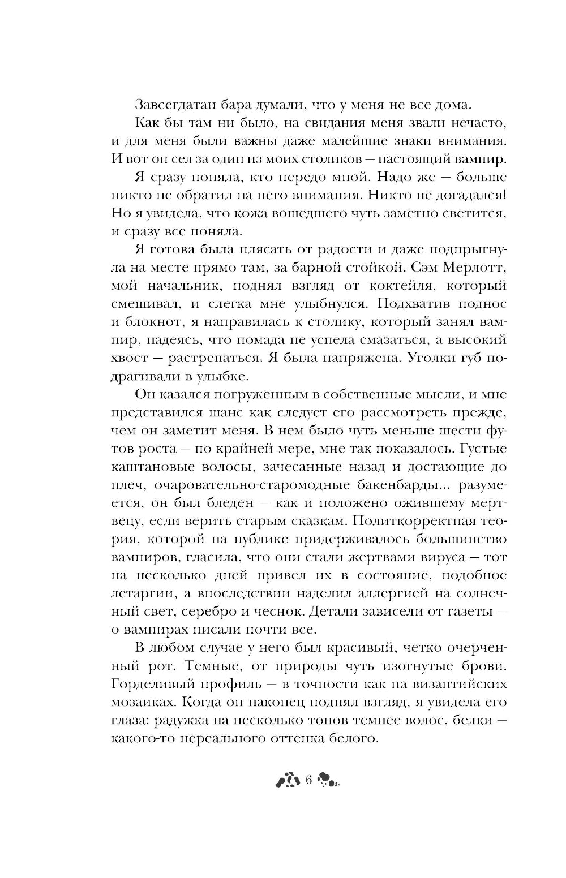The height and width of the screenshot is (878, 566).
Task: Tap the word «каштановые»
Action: (153, 467)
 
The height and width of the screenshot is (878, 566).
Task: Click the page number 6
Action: (308, 781)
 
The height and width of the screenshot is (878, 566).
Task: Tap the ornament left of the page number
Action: (288, 781)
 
